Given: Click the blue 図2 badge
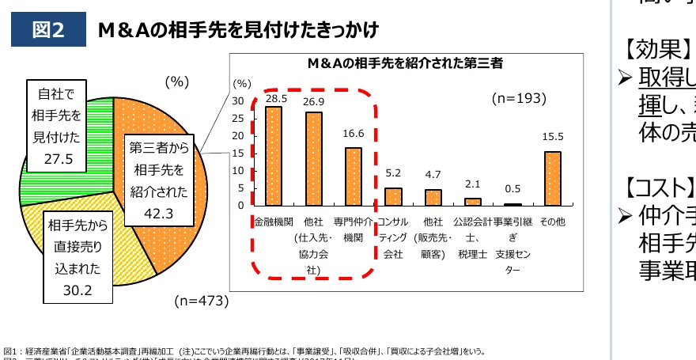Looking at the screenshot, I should point(48,29).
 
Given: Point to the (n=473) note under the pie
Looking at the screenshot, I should point(201,301).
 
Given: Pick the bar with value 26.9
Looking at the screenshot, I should point(314,159).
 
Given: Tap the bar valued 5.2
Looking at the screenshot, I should point(393,196).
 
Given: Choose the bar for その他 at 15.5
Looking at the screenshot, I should point(553,178).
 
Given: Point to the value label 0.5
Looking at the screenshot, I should point(513,188).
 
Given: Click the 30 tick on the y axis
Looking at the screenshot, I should point(238,100).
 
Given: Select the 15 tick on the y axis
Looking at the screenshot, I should point(238,153).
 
